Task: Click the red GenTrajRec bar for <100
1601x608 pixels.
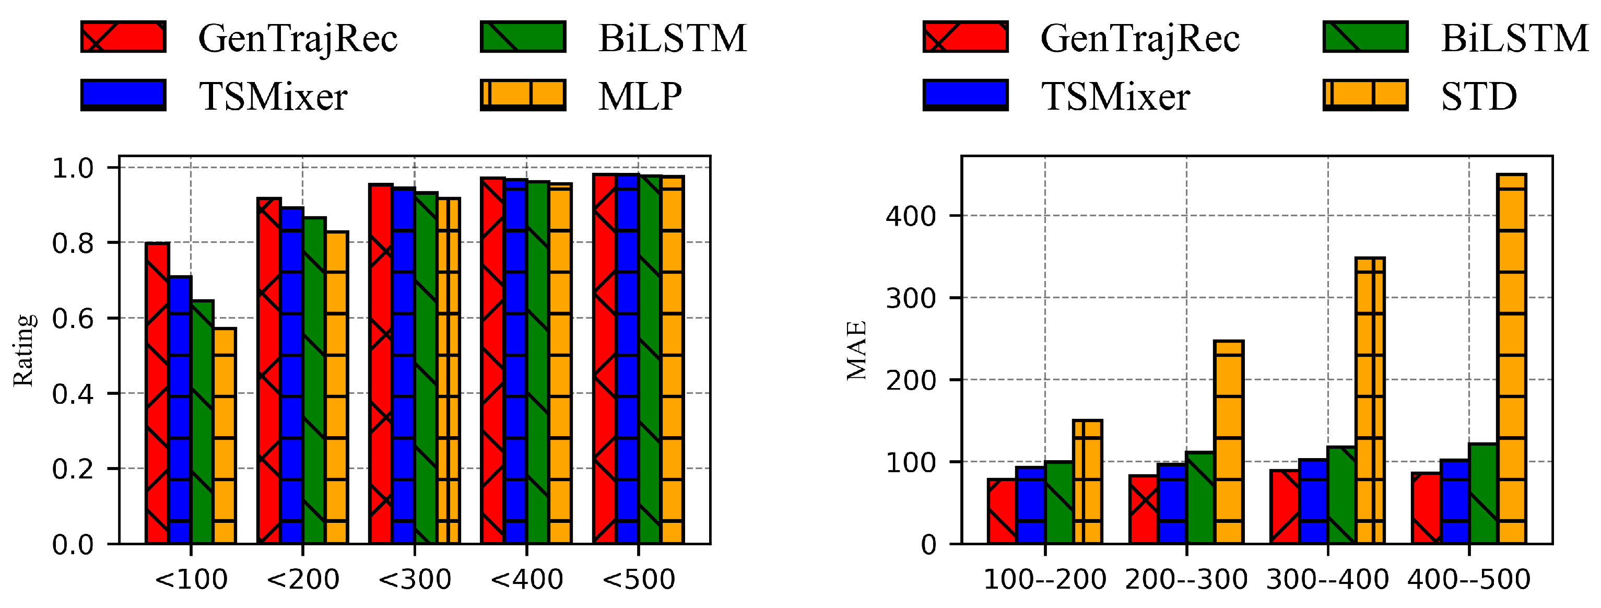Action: (x=157, y=393)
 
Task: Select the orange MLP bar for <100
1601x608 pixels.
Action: (x=225, y=435)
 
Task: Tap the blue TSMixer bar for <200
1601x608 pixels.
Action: (x=292, y=376)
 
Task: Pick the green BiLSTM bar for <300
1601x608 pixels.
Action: (x=426, y=368)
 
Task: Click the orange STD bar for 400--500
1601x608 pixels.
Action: (x=1512, y=359)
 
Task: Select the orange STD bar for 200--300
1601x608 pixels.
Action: (x=1229, y=442)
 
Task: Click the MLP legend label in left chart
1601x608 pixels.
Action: (x=640, y=96)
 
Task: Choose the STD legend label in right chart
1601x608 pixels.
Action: (x=1479, y=96)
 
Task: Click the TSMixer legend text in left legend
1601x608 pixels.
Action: (x=273, y=96)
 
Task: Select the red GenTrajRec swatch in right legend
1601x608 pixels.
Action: (x=965, y=37)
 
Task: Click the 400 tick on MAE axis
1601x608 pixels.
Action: (x=911, y=216)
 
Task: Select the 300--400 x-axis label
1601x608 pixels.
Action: (x=1327, y=579)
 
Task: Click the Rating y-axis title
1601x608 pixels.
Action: (x=23, y=350)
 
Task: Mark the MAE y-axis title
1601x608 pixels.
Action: (x=856, y=350)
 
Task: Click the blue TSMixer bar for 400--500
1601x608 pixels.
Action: (x=1454, y=501)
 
